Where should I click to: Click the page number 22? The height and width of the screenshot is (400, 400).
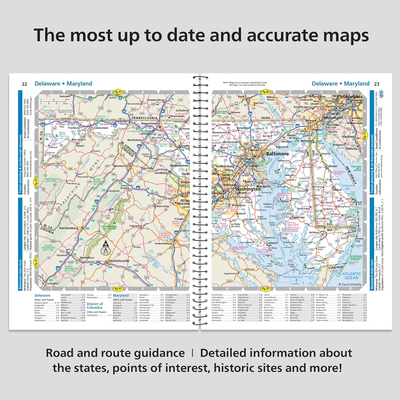pos(25,84)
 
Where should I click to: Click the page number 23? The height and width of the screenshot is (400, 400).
pos(377,84)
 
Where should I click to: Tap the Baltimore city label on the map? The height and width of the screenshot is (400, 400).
pos(277,154)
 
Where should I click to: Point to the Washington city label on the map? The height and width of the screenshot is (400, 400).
pos(248,189)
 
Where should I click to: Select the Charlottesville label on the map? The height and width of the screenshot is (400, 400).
pos(119,261)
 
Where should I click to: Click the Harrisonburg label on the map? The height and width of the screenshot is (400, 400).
pos(69,228)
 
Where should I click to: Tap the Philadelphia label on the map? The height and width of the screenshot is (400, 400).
pos(350,96)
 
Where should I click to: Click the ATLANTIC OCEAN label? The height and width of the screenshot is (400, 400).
pos(351,275)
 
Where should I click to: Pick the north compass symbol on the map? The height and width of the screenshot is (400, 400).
pos(106,248)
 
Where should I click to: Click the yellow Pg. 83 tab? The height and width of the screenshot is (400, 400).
pos(118,92)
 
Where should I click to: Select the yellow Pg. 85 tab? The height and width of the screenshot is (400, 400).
pos(266,92)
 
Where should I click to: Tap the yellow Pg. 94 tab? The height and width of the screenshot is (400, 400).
pos(36,182)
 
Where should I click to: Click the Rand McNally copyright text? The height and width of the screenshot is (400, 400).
pos(350,284)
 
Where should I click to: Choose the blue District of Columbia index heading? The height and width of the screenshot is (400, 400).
pos(95,306)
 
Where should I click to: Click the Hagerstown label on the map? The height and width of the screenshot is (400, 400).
pos(149,123)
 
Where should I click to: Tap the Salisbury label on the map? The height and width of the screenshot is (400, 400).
pos(314,232)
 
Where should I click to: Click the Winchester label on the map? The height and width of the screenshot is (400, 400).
pos(121,166)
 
